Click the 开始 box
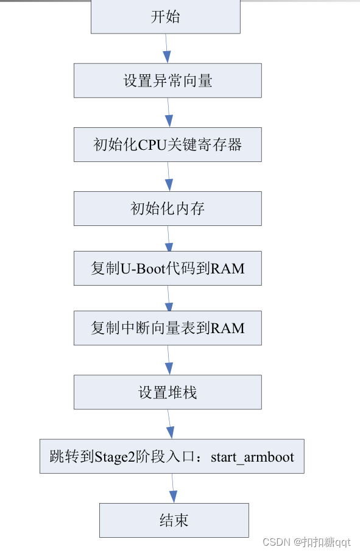tap(165, 16)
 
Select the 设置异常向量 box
tap(168, 80)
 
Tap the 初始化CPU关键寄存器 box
tap(168, 144)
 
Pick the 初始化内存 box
tap(168, 208)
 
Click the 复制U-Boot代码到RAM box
tap(168, 268)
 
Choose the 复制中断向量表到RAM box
tap(168, 328)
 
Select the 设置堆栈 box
tap(168, 392)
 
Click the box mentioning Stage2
tap(172, 456)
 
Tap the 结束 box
tap(174, 520)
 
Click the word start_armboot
tap(252, 457)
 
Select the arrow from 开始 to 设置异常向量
tap(166, 49)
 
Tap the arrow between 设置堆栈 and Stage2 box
tap(169, 424)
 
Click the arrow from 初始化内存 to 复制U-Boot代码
tap(168, 238)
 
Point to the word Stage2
tap(113, 457)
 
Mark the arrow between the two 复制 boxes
tap(168, 298)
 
